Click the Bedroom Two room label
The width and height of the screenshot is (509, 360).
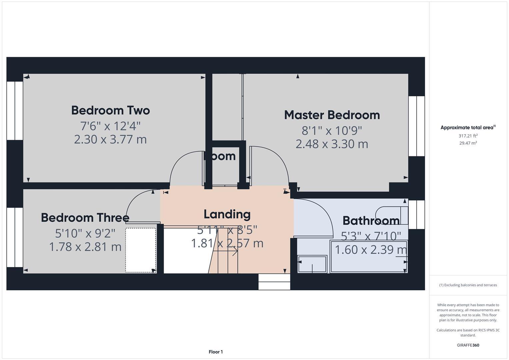click(x=110, y=110)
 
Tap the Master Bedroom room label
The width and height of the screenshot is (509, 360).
click(x=332, y=115)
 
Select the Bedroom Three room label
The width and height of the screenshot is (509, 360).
click(x=85, y=218)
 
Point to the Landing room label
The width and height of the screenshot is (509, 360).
click(x=227, y=214)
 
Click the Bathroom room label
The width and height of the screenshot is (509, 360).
click(x=371, y=221)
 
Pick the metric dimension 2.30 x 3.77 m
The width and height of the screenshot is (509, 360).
click(x=110, y=139)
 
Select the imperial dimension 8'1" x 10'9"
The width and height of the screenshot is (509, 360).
click(x=332, y=130)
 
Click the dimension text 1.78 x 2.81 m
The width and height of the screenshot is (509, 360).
click(x=85, y=247)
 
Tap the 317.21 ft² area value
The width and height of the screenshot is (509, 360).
click(x=468, y=136)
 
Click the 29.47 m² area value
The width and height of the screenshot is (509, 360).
click(x=468, y=143)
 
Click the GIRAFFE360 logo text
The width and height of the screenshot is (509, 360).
click(x=468, y=345)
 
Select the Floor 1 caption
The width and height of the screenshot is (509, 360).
click(x=216, y=352)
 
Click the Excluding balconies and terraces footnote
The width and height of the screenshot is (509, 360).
click(x=468, y=285)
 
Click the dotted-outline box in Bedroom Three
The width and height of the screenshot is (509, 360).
click(x=141, y=250)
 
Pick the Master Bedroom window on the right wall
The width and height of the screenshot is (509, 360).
click(x=417, y=126)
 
